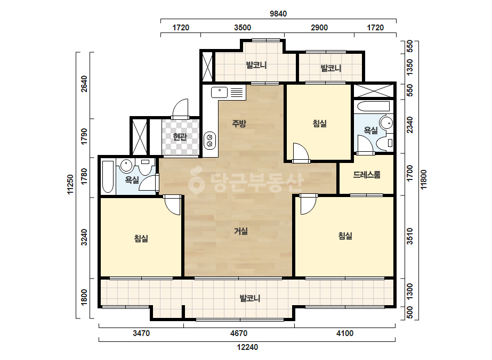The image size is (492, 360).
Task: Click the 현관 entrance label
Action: click(180, 137)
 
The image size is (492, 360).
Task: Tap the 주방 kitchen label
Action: click(239, 124)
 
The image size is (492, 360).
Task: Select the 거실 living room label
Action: click(241, 232)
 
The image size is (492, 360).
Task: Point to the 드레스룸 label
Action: click(367, 174)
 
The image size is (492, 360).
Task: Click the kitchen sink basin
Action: click(219, 93)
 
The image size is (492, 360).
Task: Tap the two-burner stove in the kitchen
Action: click(209, 140)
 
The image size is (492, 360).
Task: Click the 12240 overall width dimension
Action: click(247, 347)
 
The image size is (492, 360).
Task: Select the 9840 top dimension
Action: click(278, 14)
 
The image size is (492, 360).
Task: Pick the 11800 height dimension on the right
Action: click(424, 179)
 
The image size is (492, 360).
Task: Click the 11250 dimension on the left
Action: click(70, 184)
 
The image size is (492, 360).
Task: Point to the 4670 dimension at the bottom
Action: click(239, 333)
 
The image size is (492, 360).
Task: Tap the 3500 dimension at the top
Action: click(243, 28)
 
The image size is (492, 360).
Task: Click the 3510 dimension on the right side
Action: click(410, 236)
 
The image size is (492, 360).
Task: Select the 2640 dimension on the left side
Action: click(84, 84)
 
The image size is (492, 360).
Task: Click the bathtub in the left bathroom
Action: click(108, 177)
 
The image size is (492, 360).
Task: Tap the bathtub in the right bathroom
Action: click(373, 107)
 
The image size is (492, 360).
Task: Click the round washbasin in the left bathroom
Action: click(126, 166)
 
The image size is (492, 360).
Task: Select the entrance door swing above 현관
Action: click(180, 109)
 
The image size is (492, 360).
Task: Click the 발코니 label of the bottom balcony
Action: click(250, 298)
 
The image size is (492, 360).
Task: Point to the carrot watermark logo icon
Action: click(197, 181)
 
